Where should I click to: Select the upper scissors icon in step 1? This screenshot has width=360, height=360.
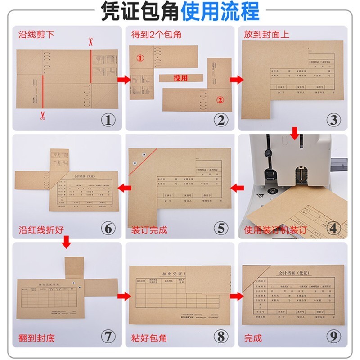90,43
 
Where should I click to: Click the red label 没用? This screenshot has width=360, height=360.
180,78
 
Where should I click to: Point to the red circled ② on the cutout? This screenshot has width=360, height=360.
220,100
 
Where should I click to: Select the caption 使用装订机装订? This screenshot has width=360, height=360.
275,230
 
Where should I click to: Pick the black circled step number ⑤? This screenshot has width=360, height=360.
220,228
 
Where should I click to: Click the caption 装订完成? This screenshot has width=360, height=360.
149,230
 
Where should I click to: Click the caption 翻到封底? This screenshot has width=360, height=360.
36,337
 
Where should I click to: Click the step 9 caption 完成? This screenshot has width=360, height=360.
253,337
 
